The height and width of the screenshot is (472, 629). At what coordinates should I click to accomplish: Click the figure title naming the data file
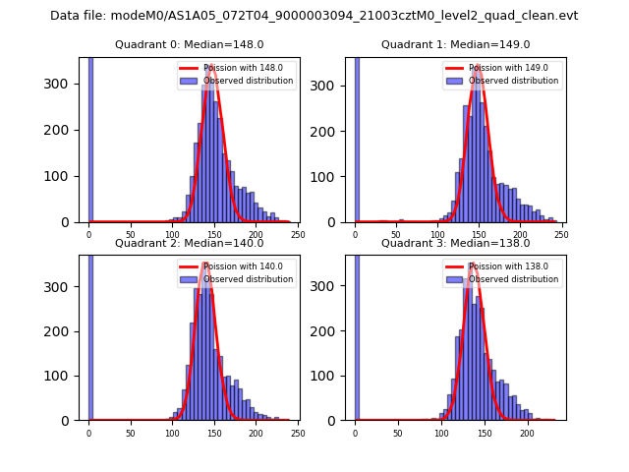(314, 16)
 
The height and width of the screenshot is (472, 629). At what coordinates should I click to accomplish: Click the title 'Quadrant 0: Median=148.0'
(190, 44)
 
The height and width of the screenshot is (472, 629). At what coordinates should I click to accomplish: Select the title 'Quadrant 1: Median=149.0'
(455, 44)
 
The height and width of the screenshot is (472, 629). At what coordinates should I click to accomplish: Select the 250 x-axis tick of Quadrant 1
(561, 234)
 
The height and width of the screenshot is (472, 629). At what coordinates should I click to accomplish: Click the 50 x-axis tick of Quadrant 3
(398, 433)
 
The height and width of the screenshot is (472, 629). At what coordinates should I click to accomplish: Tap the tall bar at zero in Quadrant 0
(90, 138)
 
